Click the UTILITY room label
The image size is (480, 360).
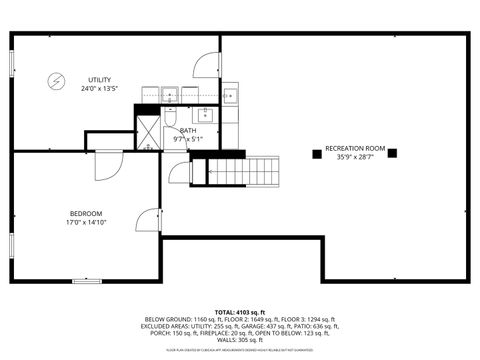click(98, 79)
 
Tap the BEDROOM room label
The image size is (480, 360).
click(85, 213)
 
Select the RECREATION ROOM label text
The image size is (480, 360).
click(355, 148)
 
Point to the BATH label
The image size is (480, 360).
click(188, 130)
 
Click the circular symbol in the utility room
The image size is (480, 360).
click(56, 80)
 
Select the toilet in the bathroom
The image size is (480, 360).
click(170, 95)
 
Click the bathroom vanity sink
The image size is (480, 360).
click(207, 113)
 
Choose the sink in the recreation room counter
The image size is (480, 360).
click(230, 96)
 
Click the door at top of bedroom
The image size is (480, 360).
click(106, 164)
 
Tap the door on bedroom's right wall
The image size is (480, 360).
click(150, 222)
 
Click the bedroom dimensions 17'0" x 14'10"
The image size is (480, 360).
click(85, 223)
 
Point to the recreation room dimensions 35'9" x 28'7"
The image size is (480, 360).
click(355, 158)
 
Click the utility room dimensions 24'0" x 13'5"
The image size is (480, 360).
click(98, 89)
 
